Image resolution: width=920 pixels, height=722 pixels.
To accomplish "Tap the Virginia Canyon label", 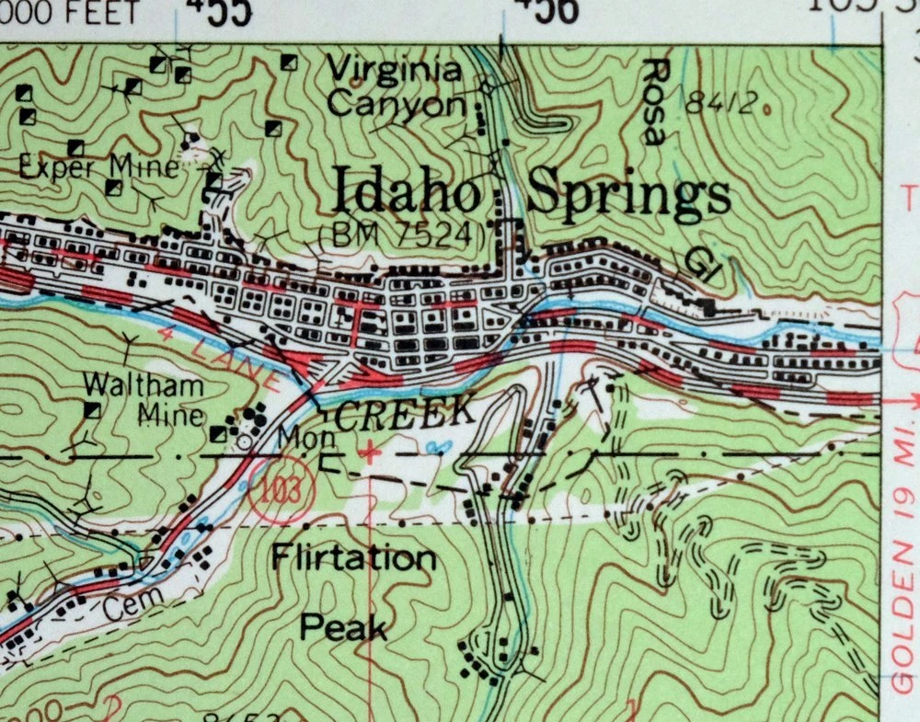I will click(396, 86).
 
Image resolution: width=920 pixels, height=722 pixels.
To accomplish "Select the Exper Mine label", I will click(98, 167).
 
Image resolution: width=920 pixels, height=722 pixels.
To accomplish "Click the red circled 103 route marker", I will click(282, 489).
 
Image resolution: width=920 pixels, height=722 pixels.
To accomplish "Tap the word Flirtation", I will click(354, 557).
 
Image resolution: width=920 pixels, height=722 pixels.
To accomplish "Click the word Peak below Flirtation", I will click(344, 627).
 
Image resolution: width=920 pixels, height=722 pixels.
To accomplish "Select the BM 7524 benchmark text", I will click(400, 235).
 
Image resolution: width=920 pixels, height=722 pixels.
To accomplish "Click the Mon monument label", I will click(293, 438).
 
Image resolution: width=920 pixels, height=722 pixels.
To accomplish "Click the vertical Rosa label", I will click(654, 101).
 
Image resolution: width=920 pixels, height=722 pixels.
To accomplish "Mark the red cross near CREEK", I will click(370, 452).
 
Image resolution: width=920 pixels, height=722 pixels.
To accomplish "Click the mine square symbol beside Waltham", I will click(92, 410).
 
